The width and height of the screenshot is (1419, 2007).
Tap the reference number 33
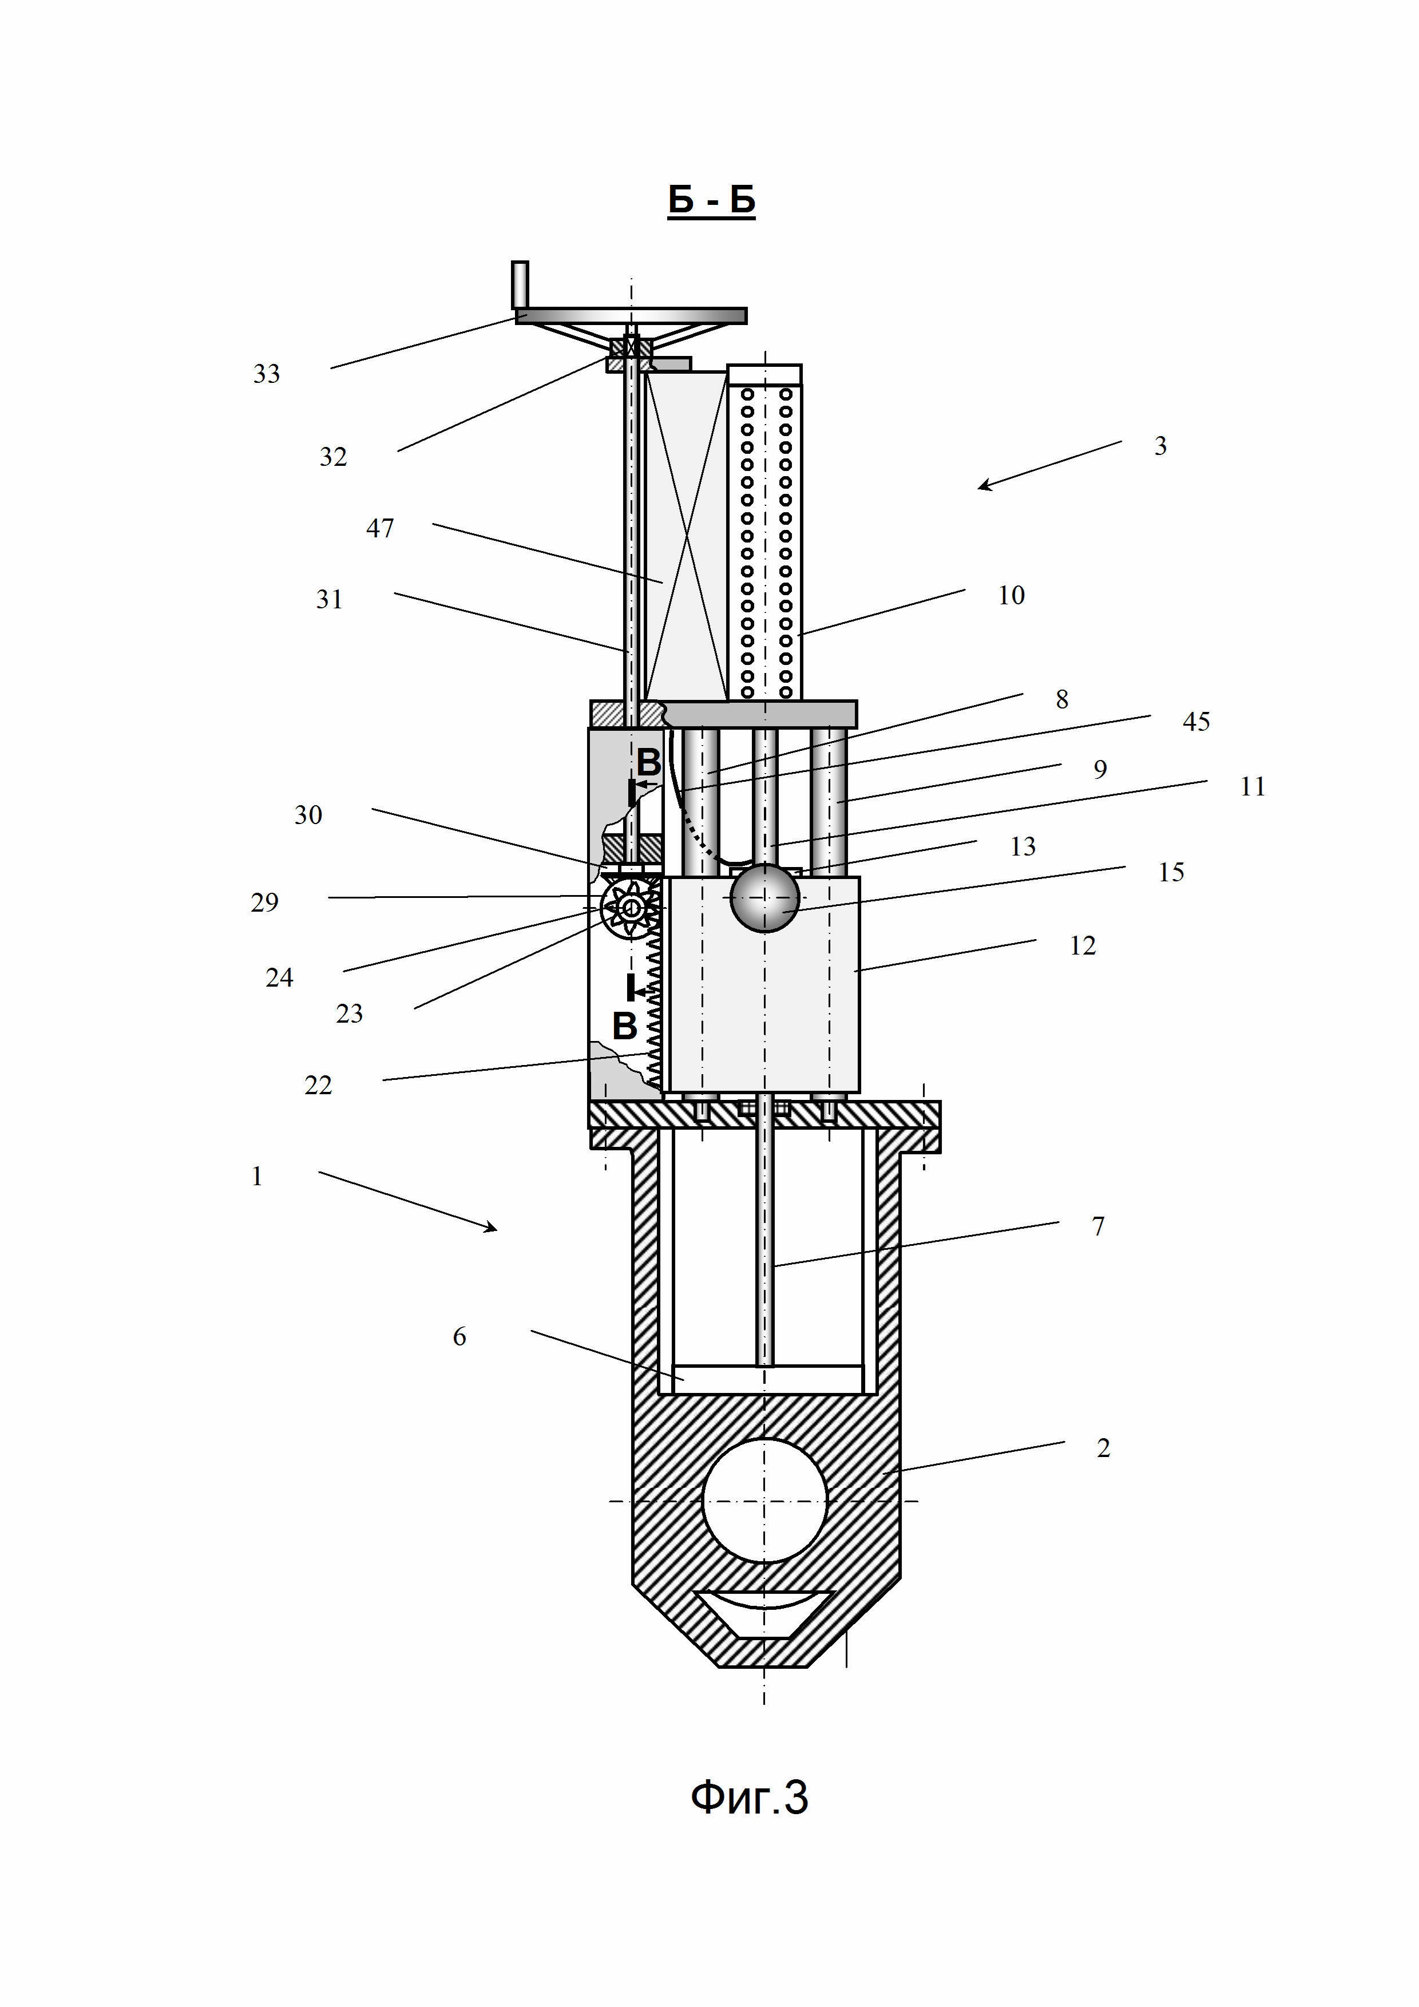point(267,374)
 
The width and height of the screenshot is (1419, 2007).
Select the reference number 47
point(379,528)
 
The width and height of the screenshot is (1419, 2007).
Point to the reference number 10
point(1011,595)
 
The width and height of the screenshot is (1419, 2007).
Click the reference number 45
point(1195,722)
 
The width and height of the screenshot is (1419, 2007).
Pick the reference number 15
point(1171,872)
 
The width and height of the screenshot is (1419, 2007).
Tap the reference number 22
point(318,1085)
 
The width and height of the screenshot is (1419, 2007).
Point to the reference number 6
point(459,1336)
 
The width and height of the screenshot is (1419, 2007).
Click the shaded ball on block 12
point(764,898)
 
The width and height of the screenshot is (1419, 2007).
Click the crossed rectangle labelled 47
point(686,535)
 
